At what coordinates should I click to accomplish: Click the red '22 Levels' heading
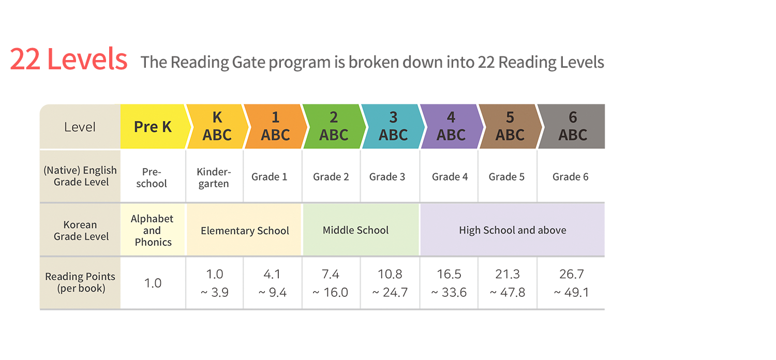click(x=69, y=59)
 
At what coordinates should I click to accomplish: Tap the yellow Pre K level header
click(x=153, y=127)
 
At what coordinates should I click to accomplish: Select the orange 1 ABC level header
click(x=275, y=127)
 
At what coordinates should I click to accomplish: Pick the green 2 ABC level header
click(x=334, y=127)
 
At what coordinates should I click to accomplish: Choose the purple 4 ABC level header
click(x=451, y=127)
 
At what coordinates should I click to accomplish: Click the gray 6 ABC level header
click(x=573, y=127)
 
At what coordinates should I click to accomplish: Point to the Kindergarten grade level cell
click(x=214, y=177)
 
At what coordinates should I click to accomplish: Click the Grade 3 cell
click(x=387, y=177)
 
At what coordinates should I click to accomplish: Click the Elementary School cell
click(x=245, y=231)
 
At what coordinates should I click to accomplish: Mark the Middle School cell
click(x=355, y=230)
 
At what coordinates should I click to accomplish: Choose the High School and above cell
click(x=512, y=230)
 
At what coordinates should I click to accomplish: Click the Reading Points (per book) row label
click(x=80, y=282)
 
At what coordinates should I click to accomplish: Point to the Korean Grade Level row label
click(x=80, y=231)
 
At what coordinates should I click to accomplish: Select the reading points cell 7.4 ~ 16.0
click(x=331, y=283)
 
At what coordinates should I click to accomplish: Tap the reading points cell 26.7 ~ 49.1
click(x=571, y=283)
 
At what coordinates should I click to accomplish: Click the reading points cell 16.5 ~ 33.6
click(x=449, y=283)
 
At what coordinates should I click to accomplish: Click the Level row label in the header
click(x=80, y=127)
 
